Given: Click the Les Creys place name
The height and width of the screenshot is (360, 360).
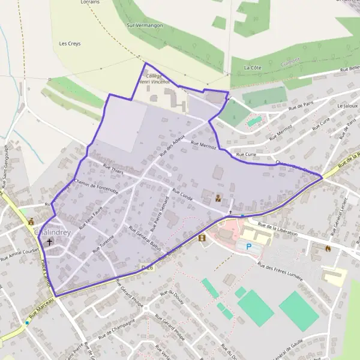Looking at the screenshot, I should (70, 44).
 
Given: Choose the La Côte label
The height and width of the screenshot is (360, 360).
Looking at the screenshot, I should (253, 68).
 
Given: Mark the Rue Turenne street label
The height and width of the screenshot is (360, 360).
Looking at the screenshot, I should (103, 242).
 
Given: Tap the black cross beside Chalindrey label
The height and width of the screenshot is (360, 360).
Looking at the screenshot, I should (49, 242).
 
